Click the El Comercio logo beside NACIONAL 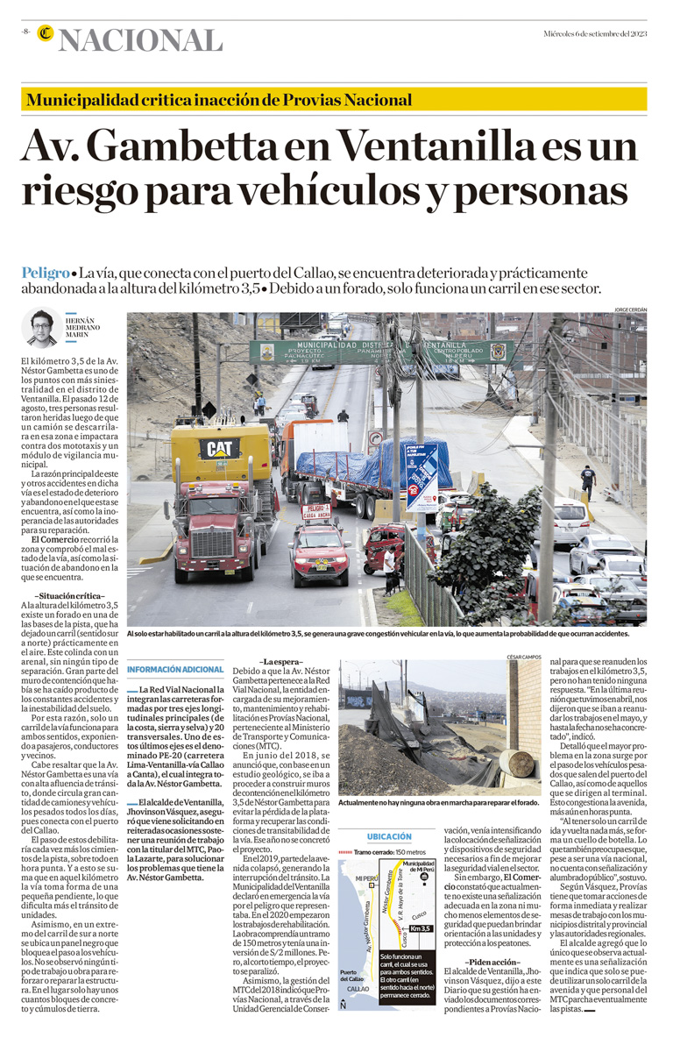(x=45, y=35)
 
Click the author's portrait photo (x=40, y=327)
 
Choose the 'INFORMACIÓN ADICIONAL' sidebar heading (x=175, y=670)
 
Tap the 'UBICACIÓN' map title (x=388, y=836)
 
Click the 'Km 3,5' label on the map (x=420, y=928)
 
